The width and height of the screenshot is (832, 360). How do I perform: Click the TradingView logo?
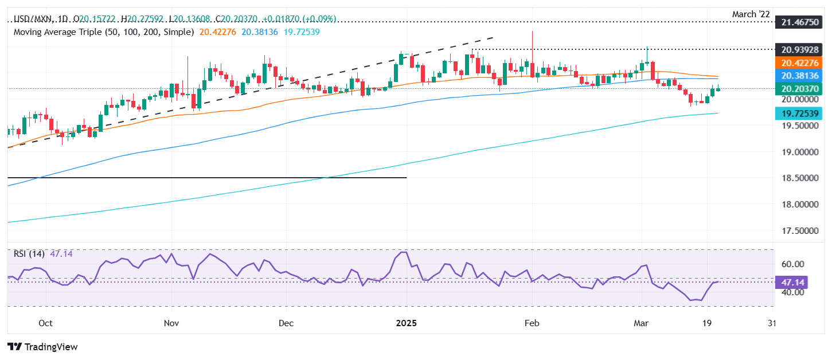[x=42, y=347]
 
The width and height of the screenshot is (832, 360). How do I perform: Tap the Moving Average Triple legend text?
[x=103, y=32]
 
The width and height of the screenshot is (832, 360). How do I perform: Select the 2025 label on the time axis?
[x=407, y=323]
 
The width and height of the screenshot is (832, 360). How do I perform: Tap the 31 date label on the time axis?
[x=772, y=323]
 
